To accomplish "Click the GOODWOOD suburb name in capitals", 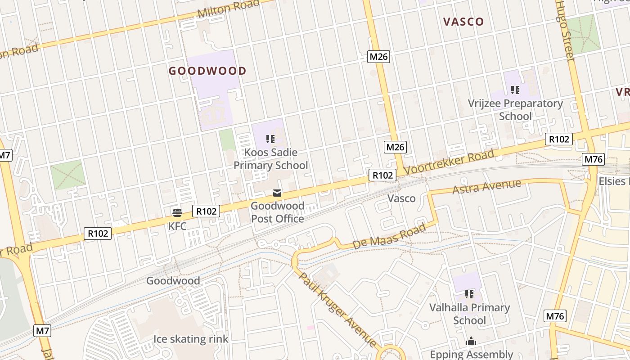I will pos(207,71).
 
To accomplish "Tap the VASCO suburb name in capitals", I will pos(463,22).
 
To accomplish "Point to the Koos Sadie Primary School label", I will pos(271,159).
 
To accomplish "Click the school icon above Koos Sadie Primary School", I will pos(270,139).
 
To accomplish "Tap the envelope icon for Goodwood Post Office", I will pos(277,193).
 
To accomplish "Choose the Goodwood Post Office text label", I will pos(277,212).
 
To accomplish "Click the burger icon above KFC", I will pos(177,212).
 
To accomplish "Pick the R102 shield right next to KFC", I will pos(206,211).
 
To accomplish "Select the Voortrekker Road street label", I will pos(449,162).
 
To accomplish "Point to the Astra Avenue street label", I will pos(487,187).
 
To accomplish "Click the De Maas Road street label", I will pos(389,237).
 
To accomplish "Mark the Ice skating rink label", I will pos(191,339).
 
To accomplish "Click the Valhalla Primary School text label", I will pos(469,314).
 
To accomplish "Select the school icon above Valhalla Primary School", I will pos(469,294).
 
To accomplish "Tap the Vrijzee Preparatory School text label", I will pos(515,110).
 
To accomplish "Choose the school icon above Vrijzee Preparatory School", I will pos(515,90).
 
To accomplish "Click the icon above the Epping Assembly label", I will pos(471,341).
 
